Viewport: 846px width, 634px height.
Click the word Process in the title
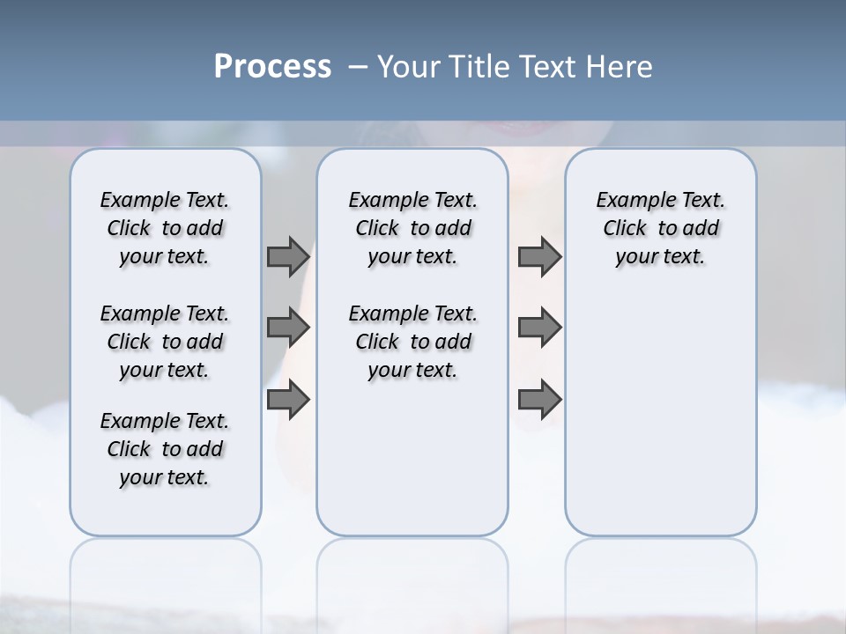[x=272, y=67]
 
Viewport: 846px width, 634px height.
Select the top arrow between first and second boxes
[x=288, y=256]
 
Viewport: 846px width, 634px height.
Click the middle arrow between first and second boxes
[x=288, y=328]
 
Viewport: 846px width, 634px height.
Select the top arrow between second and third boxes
[x=539, y=256]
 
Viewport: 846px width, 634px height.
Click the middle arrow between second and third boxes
[x=539, y=328]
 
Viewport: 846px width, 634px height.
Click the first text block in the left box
[x=165, y=228]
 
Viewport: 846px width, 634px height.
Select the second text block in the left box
[x=165, y=342]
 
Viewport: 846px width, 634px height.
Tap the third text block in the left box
[x=165, y=449]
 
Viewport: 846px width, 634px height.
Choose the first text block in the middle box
[x=412, y=228]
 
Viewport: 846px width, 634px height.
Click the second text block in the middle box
[x=412, y=342]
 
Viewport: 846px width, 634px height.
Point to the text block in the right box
[x=660, y=228]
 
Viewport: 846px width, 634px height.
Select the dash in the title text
[x=358, y=67]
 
